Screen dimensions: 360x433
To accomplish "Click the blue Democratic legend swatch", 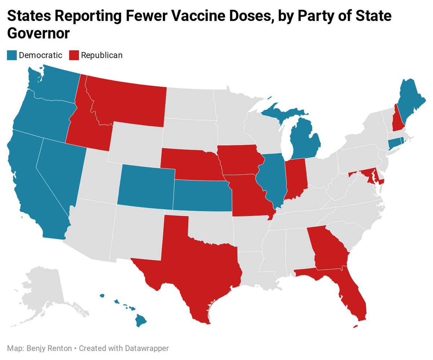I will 12,55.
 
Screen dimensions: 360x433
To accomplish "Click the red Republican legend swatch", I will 74,55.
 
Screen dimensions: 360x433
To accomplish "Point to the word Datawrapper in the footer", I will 148,348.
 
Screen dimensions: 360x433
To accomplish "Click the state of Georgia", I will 328,249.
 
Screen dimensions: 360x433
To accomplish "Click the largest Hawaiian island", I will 141,320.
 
